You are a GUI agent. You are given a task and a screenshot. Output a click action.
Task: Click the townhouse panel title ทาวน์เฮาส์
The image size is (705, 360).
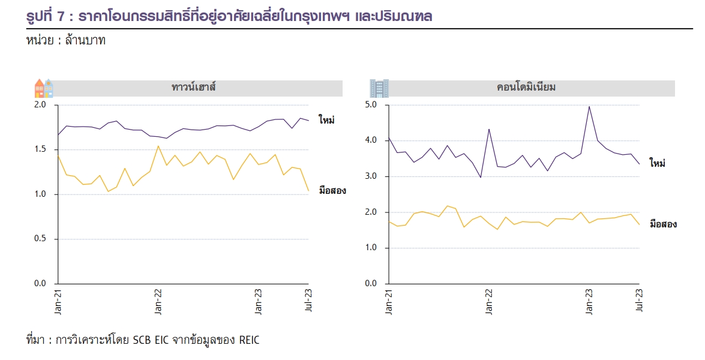(193, 88)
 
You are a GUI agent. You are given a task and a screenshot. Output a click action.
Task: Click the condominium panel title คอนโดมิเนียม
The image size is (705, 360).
(526, 88)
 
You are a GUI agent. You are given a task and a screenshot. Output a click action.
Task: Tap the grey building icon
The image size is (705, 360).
(379, 88)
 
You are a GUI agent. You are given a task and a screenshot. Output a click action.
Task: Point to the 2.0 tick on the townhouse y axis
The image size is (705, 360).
(41, 105)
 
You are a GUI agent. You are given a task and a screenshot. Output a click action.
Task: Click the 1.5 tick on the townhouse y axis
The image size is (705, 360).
(41, 149)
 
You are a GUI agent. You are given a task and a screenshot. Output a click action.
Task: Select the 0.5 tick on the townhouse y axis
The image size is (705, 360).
(41, 239)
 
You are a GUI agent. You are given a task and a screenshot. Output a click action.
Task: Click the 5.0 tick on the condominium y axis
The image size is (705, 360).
(371, 105)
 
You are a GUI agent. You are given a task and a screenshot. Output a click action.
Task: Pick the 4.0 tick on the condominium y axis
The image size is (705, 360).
(371, 140)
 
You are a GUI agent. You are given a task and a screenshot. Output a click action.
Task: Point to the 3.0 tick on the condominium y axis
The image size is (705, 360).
(371, 176)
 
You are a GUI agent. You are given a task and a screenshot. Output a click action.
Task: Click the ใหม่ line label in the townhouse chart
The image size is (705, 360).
(327, 120)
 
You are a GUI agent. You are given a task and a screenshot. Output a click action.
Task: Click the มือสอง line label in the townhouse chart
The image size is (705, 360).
(332, 191)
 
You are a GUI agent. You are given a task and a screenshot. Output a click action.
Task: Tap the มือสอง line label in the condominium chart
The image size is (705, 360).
(664, 224)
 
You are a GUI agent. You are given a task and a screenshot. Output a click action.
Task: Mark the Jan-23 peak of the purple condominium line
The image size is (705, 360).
(589, 107)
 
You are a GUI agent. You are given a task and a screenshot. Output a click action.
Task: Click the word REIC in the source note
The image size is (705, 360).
(250, 340)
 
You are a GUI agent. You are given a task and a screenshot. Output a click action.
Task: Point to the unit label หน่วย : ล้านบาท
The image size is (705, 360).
(66, 43)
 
